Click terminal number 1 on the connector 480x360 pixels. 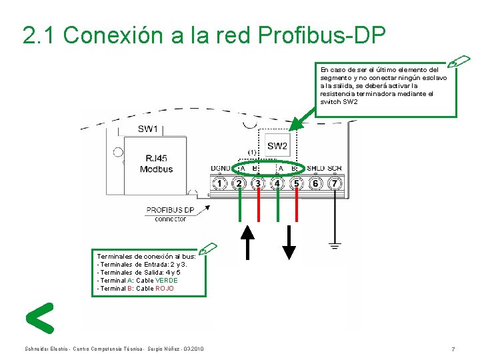[x=220, y=183]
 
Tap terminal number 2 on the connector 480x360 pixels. [x=239, y=183]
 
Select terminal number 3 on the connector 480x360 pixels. [x=259, y=183]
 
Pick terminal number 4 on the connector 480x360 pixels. [x=278, y=183]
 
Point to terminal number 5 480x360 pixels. [x=297, y=183]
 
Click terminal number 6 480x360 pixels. [x=316, y=183]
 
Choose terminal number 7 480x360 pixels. [x=335, y=183]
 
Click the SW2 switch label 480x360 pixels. [x=277, y=146]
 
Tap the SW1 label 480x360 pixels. [x=147, y=129]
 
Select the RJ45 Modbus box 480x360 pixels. [x=156, y=163]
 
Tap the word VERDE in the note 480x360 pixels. [x=166, y=281]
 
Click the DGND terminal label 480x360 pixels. [x=221, y=169]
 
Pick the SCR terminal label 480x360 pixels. [x=335, y=169]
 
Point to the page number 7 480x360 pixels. [x=453, y=349]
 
